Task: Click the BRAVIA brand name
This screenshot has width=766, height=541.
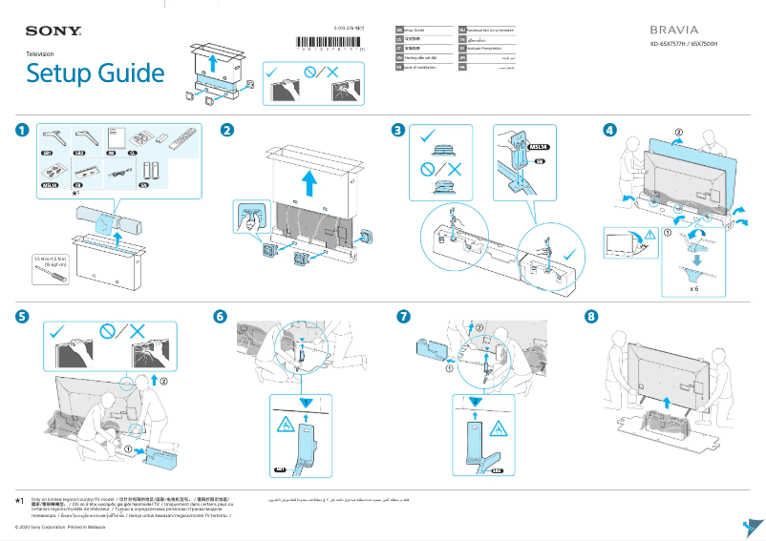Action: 673,30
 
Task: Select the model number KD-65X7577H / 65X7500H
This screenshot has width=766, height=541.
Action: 683,45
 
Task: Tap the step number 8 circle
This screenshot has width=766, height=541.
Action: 591,316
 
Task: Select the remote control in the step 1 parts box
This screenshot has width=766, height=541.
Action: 180,139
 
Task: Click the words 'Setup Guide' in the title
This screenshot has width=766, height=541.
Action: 95,73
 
